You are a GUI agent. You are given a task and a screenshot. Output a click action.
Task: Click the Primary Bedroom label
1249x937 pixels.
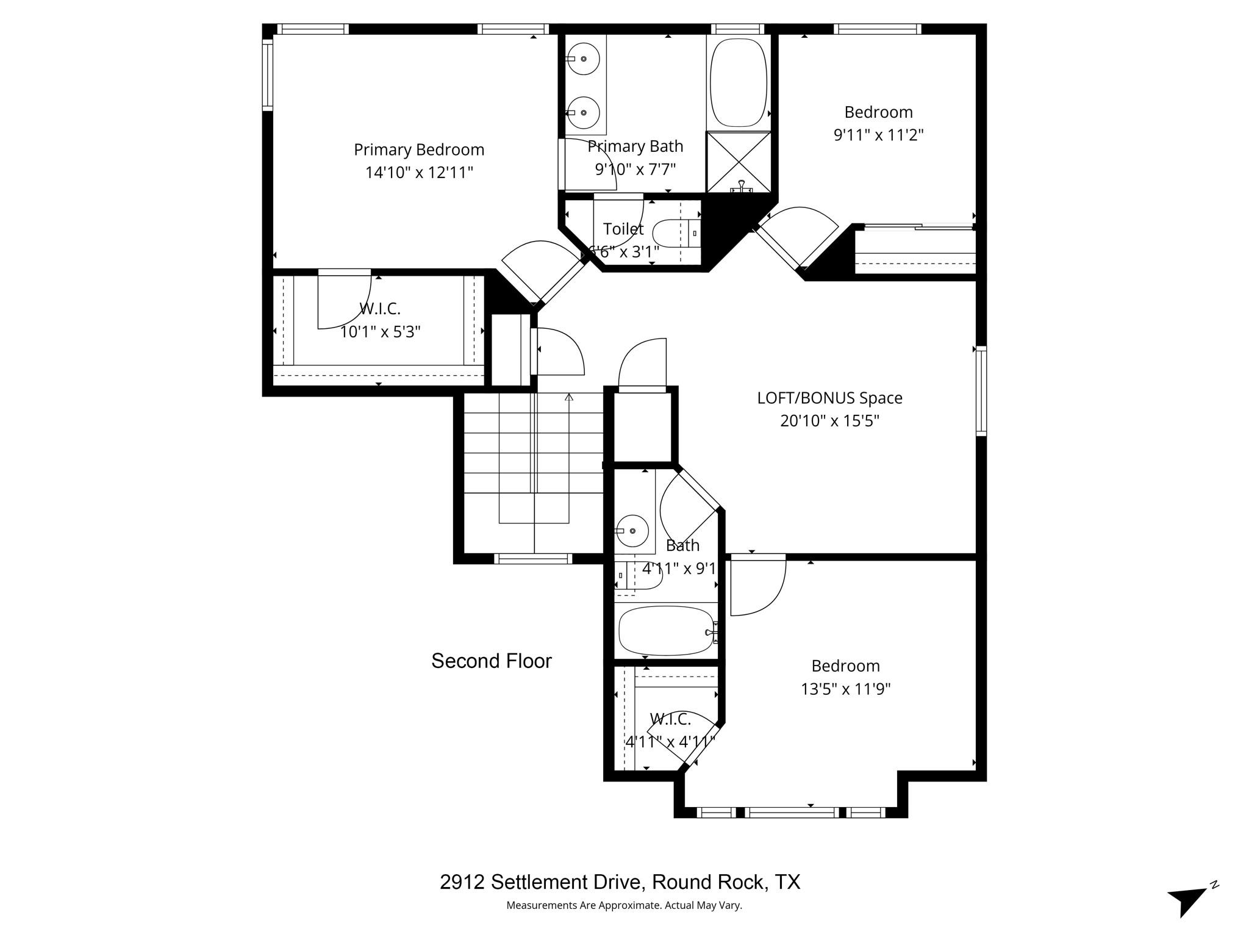tap(419, 149)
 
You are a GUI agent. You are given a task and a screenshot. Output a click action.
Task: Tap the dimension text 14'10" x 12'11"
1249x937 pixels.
tap(419, 173)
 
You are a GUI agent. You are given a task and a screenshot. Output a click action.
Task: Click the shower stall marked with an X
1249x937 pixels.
tap(739, 162)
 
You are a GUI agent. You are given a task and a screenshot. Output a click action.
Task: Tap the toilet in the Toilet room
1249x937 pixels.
tap(671, 233)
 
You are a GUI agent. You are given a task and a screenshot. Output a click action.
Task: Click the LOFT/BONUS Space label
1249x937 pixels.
tap(829, 398)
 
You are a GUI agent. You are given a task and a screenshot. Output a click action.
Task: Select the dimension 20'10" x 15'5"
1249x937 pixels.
tap(829, 421)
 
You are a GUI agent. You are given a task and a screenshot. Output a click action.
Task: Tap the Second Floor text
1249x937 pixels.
tap(492, 661)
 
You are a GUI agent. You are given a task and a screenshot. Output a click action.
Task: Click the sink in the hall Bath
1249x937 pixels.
tap(632, 531)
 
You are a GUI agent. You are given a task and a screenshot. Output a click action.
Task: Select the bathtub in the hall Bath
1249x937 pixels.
tap(665, 631)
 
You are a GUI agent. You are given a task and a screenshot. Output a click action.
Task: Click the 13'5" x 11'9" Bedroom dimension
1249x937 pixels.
tap(845, 689)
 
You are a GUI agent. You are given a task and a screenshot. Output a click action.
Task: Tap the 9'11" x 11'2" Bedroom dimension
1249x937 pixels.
tap(878, 135)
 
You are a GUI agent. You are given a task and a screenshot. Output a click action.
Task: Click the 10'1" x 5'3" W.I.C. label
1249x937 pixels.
tap(380, 332)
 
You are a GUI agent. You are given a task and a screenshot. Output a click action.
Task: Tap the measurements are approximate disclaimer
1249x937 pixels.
tap(624, 905)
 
